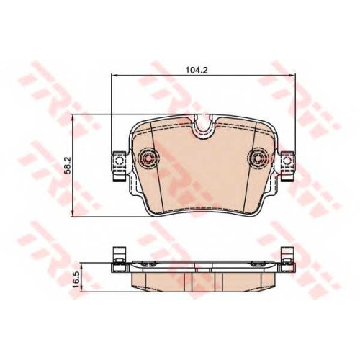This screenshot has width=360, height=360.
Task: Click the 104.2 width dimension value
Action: click(197, 70)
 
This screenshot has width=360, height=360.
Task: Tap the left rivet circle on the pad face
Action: click(148, 158)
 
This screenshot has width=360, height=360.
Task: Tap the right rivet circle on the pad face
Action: click(258, 158)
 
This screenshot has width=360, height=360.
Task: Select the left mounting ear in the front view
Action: click(120, 166)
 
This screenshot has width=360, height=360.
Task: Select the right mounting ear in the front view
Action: click(287, 166)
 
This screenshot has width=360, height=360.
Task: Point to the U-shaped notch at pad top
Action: click(204, 127)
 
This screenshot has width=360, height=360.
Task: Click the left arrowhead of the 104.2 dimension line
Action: click(114, 76)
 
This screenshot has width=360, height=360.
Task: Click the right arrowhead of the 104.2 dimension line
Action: click(293, 76)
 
